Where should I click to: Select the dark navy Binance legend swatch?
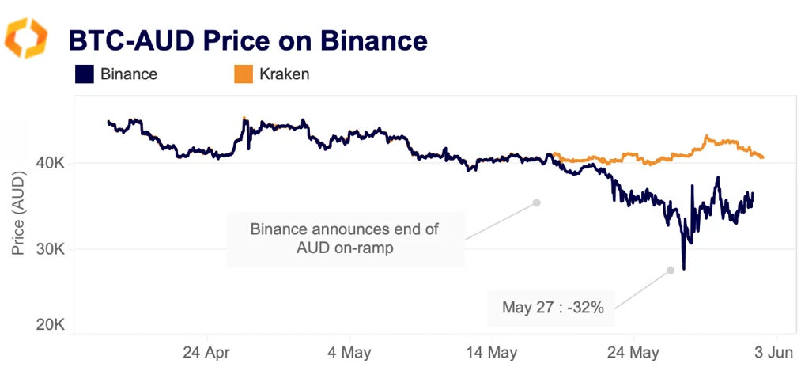click(x=85, y=74)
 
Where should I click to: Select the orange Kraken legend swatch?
click(x=244, y=74)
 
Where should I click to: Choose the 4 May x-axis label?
click(x=349, y=350)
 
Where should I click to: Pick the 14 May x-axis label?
click(x=488, y=350)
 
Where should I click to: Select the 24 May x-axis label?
click(x=632, y=350)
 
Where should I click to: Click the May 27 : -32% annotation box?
click(x=553, y=308)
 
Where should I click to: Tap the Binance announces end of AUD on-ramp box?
click(x=345, y=239)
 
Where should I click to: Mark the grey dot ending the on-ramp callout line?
click(x=536, y=202)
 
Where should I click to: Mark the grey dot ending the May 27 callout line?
click(x=670, y=271)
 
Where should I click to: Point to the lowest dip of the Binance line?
click(x=683, y=268)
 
